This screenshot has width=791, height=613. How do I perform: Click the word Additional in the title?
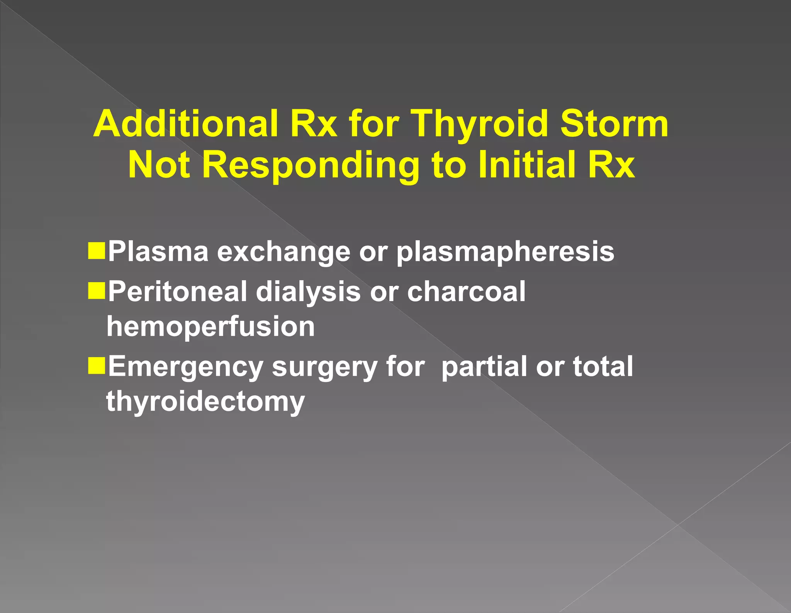tap(185, 124)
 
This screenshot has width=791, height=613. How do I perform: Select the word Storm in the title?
tap(614, 124)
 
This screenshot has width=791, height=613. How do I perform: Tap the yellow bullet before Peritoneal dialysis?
tap(97, 290)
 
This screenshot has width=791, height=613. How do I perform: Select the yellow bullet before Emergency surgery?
tap(97, 365)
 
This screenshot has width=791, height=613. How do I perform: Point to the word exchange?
tap(283, 252)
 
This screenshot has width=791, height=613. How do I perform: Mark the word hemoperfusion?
tap(210, 327)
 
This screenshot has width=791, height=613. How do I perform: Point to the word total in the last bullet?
tap(603, 366)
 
